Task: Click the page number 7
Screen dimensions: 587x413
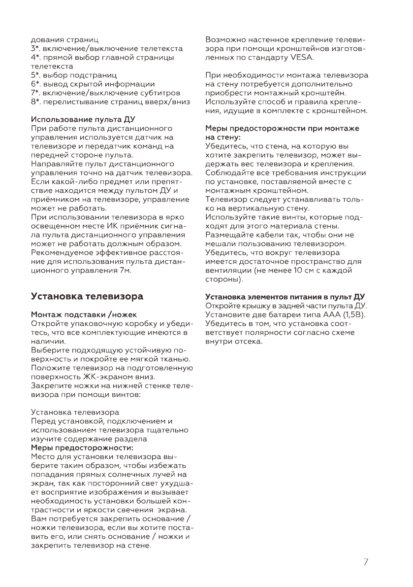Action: (x=365, y=562)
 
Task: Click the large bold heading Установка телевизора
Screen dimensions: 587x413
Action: (x=87, y=296)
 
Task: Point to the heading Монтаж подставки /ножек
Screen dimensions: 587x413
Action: (x=84, y=314)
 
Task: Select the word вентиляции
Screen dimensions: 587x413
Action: (x=229, y=270)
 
